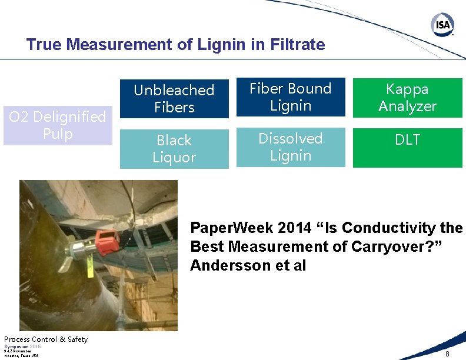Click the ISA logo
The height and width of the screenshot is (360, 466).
(442, 25)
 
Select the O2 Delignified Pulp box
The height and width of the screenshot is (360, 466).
(58, 125)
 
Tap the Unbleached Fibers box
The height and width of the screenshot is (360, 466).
(174, 98)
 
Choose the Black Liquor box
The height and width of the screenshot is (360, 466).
(174, 149)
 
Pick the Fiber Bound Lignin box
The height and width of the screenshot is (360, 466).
(291, 97)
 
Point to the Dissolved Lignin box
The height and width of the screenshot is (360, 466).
(291, 147)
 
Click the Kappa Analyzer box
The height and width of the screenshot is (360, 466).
(407, 98)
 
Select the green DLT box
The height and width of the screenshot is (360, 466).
(407, 148)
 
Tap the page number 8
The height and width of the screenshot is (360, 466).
(447, 354)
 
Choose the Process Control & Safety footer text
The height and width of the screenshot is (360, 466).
(46, 339)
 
